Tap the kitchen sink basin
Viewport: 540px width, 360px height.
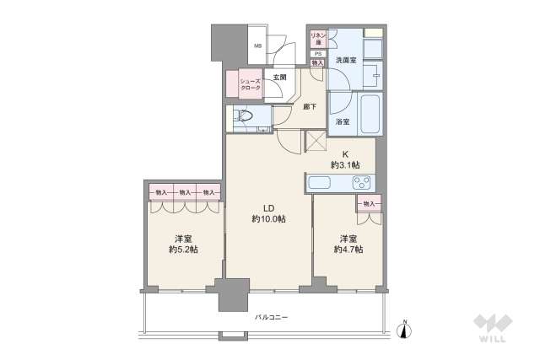[323, 183]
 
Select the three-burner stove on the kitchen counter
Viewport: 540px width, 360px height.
[362, 183]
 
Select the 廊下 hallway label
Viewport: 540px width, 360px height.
[309, 107]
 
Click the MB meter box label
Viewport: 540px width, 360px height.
[259, 48]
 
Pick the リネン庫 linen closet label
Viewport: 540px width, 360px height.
[318, 39]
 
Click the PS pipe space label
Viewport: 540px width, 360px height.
[317, 54]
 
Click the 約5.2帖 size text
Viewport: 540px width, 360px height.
[182, 250]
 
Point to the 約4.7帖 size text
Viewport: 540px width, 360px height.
[347, 250]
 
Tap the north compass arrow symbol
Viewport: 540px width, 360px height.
[405, 330]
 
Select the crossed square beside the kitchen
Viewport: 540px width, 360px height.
[316, 142]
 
